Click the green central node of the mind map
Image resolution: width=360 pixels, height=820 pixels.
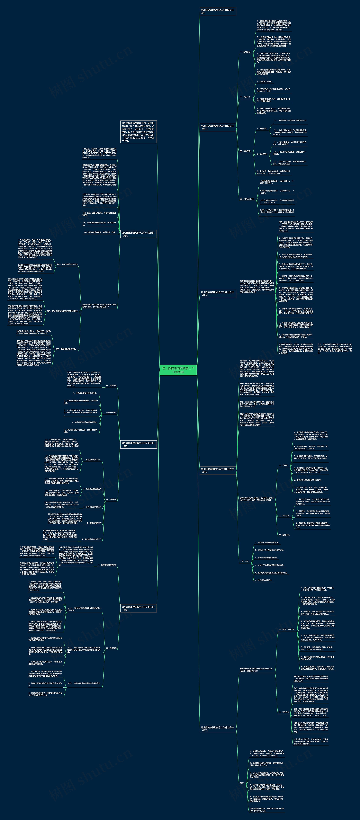point(178,370)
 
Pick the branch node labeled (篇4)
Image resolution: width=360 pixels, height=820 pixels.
point(138,444)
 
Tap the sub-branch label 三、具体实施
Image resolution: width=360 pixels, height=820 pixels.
point(245,151)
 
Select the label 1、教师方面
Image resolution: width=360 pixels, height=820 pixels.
point(262,129)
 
